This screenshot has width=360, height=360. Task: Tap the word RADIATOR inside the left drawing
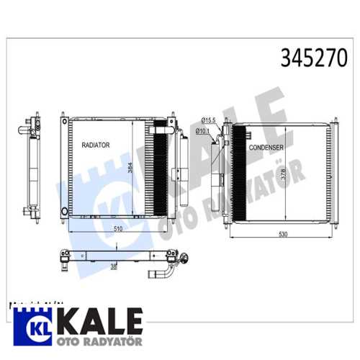(95, 145)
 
